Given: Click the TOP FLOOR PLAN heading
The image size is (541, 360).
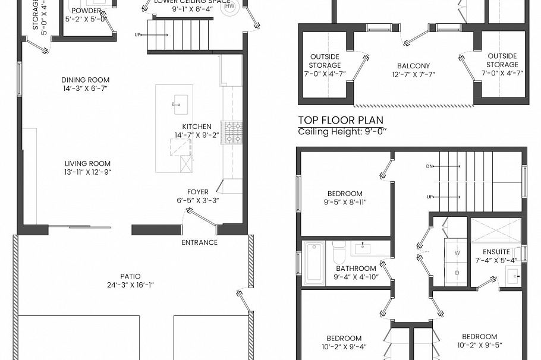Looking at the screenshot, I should coord(341,120).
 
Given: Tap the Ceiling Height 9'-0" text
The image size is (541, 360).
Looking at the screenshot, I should coord(342,132).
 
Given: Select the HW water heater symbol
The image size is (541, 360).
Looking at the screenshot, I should coord(229,7).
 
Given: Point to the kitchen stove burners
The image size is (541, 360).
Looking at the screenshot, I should coord(232,134).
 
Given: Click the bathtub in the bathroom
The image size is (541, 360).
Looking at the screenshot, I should coord(313,263).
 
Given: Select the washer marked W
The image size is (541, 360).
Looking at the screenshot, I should coord(457,252).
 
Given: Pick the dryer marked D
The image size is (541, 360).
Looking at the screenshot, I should coord(457,273).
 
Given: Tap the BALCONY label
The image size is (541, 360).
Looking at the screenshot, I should coord(414,66).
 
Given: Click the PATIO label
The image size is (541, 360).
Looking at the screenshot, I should coord(130,276).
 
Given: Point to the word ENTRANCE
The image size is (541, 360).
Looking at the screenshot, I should coord(199,242).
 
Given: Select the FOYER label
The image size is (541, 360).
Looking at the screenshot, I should coord(198,192).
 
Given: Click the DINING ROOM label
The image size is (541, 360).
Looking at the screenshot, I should coord(85,80).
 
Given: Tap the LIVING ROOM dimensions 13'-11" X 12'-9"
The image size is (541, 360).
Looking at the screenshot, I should coord(87,172).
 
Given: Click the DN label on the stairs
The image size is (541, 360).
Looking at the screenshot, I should coord(429,166).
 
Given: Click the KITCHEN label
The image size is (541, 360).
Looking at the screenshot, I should coord(196,127).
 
